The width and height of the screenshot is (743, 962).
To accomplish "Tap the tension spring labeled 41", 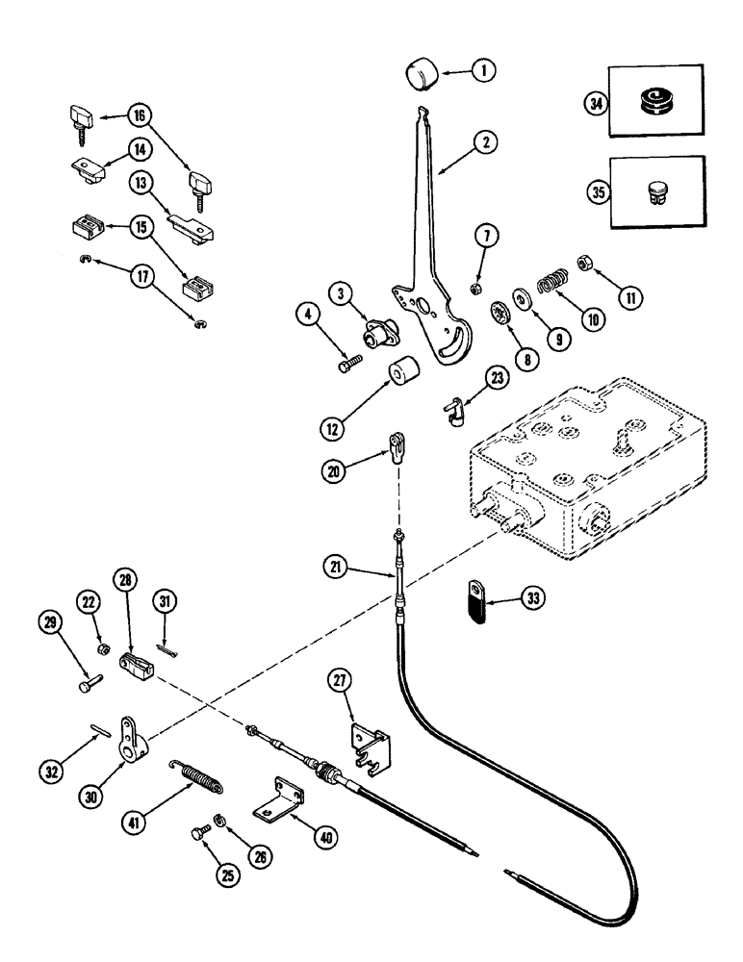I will click(x=198, y=771).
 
